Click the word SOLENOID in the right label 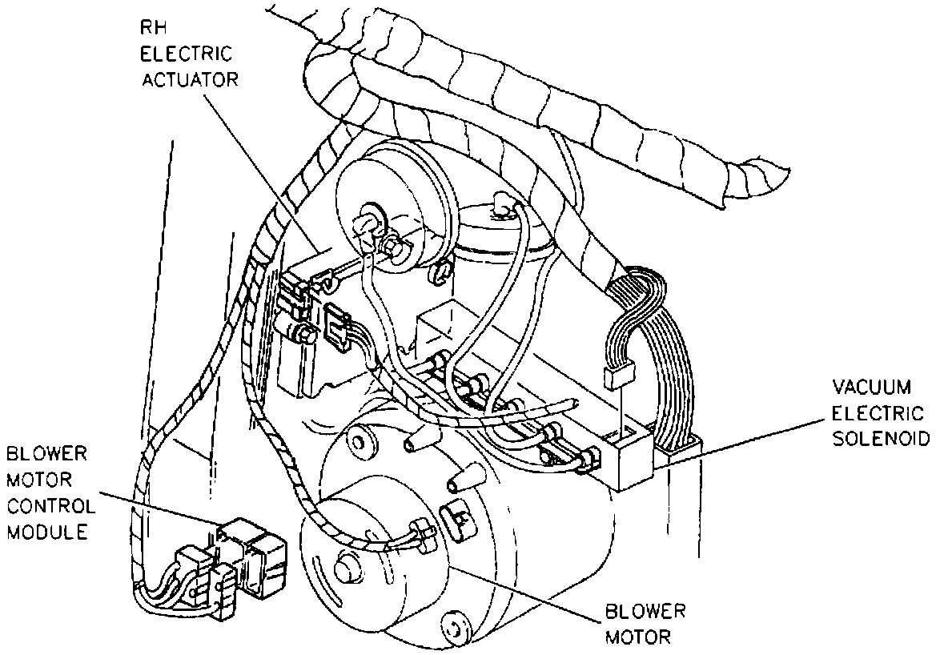tap(878, 439)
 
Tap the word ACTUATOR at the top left tap(187, 80)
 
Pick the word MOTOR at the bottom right tap(641, 637)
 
